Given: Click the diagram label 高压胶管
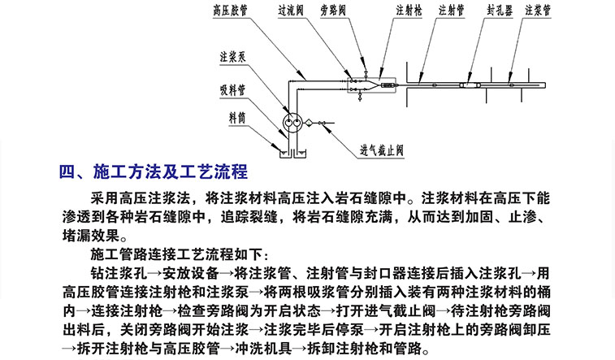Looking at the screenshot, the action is [230, 11].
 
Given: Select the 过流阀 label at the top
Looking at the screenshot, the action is [291, 11].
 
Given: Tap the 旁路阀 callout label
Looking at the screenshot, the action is [333, 11].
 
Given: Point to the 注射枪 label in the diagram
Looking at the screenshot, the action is [409, 11].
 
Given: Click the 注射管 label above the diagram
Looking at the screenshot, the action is [452, 11].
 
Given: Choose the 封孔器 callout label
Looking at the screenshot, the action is [500, 11].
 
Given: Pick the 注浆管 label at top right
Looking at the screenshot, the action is [538, 11].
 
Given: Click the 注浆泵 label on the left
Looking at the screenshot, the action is [232, 57].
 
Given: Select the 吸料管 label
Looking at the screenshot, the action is [232, 90].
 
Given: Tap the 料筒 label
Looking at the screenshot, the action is [237, 117].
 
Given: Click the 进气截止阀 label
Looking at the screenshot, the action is [382, 150].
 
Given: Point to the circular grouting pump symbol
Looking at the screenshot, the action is [292, 123].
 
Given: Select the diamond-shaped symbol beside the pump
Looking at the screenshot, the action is [309, 124].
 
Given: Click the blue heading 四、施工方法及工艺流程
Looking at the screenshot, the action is [154, 172].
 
